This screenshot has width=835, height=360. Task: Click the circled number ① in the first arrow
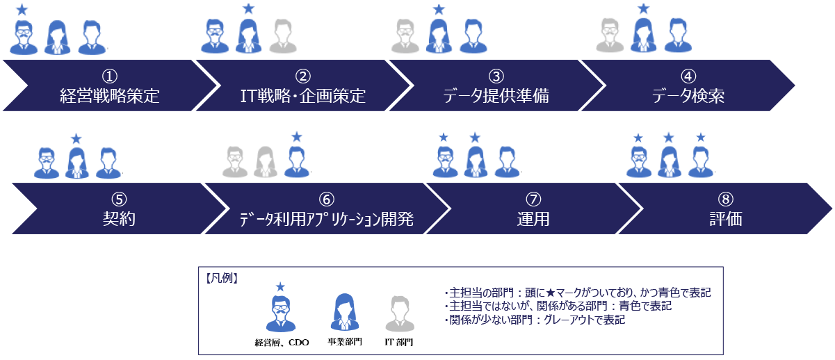(110, 76)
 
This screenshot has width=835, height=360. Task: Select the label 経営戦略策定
(110, 96)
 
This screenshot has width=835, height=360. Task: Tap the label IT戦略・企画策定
(302, 96)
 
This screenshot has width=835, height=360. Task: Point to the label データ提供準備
(496, 96)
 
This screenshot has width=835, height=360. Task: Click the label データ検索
(688, 96)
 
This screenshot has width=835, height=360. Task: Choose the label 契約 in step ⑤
(119, 219)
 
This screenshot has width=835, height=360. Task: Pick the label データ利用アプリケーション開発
(327, 219)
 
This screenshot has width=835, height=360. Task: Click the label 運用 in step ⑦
(533, 219)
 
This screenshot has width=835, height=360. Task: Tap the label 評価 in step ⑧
(725, 219)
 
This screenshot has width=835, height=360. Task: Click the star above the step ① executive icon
(22, 9)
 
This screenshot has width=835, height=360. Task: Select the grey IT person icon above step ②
(283, 35)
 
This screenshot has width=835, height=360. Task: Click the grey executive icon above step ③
(405, 35)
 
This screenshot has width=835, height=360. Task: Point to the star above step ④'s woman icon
(643, 8)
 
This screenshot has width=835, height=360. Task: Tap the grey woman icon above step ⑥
(266, 161)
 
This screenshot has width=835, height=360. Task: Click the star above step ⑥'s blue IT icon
(297, 137)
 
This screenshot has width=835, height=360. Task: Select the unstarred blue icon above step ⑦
(507, 161)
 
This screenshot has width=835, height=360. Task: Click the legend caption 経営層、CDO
(282, 343)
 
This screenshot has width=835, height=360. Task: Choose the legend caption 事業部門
(345, 342)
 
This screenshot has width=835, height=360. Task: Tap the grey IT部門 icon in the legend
(400, 313)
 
